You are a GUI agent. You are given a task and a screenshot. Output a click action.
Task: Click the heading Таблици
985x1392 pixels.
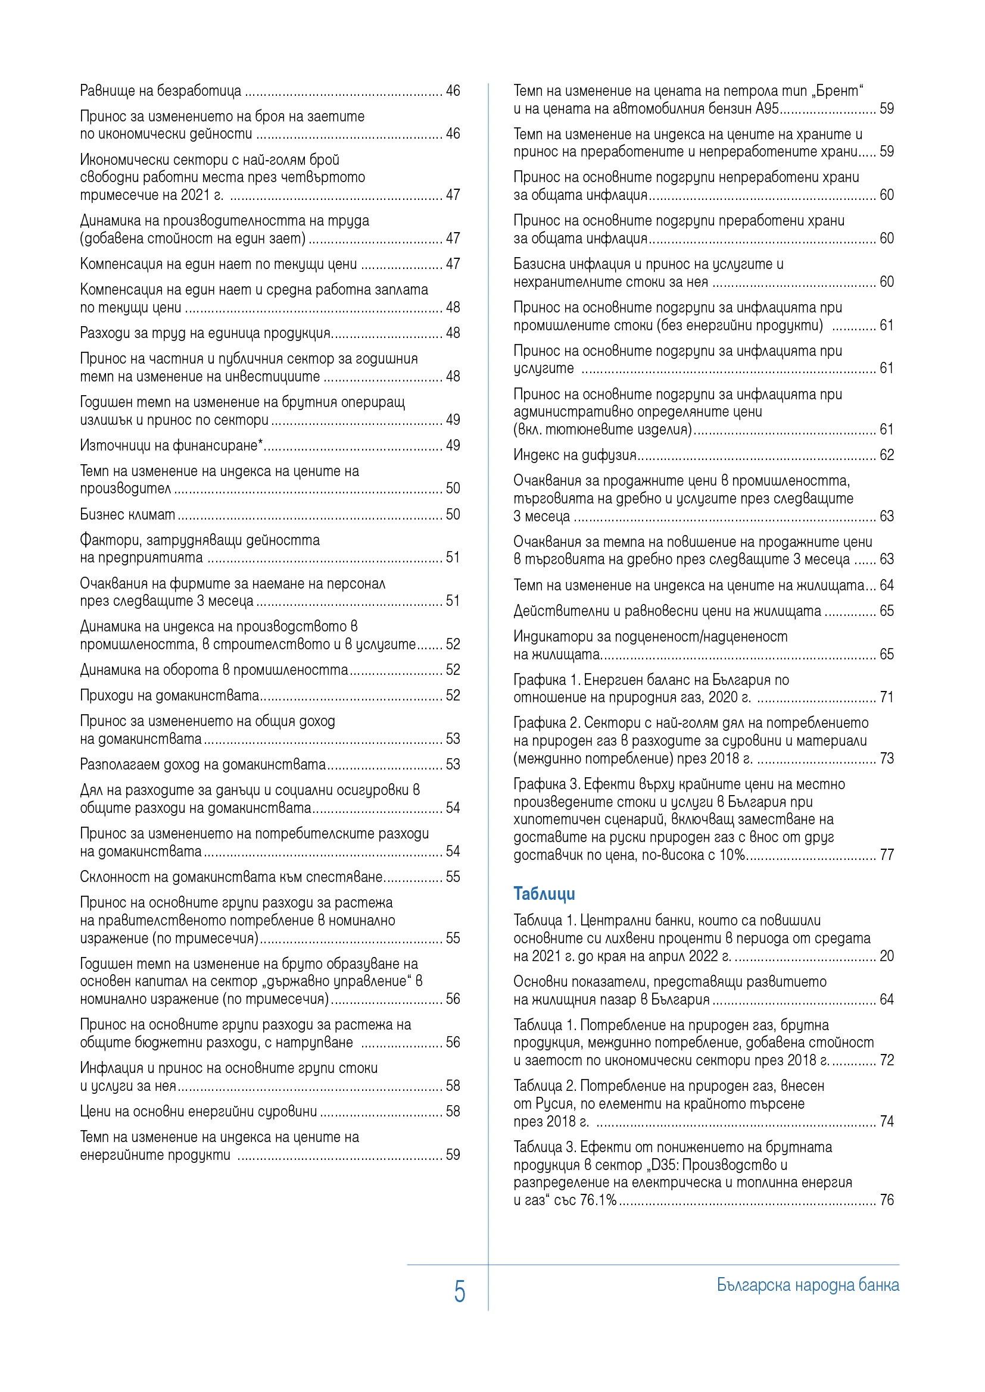[544, 894]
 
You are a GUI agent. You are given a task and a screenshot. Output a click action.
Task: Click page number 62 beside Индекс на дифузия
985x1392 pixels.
[887, 455]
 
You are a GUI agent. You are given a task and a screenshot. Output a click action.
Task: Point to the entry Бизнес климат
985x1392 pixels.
[127, 514]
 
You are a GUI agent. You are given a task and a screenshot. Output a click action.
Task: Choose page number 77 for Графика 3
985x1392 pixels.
[887, 855]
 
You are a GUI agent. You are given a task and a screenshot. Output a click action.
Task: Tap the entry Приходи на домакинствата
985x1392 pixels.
[170, 695]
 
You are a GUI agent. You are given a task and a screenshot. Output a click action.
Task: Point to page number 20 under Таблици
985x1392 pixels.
[887, 956]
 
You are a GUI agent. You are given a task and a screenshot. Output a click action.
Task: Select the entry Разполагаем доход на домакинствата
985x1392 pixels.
[202, 764]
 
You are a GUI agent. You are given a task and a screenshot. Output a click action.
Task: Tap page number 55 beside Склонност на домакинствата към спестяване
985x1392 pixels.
[453, 877]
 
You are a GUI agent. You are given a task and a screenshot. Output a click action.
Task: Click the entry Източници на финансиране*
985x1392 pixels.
[172, 446]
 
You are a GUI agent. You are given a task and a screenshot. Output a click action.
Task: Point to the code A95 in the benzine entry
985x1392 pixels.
[767, 108]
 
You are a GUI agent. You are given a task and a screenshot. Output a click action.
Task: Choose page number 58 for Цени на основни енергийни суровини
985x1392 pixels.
[453, 1111]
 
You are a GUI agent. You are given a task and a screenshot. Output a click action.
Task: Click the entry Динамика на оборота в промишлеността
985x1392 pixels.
[214, 670]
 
